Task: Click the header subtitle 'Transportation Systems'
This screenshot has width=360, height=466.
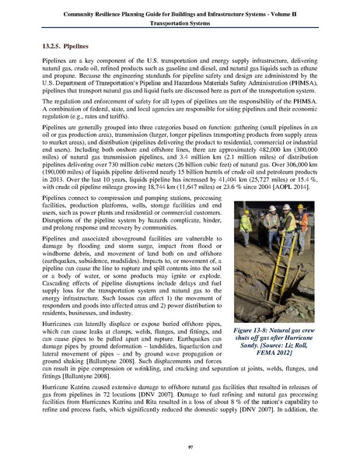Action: (180, 23)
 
